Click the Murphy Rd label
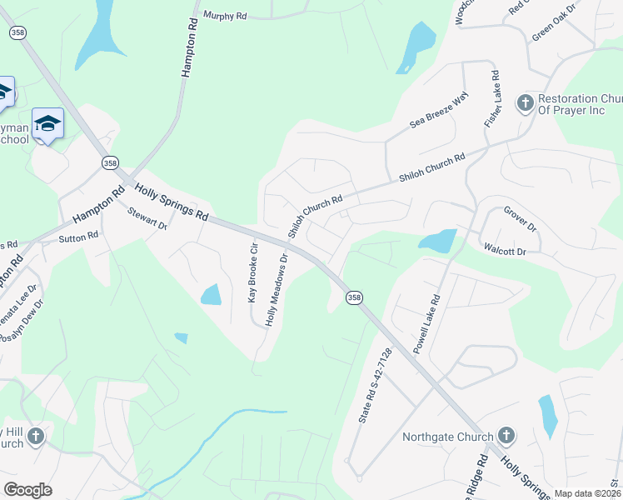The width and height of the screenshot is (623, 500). click(225, 16)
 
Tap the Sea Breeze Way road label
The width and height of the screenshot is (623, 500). click(440, 109)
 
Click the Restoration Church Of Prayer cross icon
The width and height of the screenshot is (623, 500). click(525, 103)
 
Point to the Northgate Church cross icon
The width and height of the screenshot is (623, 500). click(506, 436)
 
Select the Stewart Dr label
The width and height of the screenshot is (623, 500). click(147, 219)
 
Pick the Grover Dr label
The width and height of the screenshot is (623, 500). click(520, 219)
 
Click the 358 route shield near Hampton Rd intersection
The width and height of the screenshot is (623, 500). click(110, 163)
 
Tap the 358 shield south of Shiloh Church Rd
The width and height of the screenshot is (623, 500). click(355, 297)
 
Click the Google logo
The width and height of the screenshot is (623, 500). click(27, 490)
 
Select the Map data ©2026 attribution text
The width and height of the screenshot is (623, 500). click(586, 493)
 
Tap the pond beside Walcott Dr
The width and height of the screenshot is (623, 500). click(438, 241)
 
